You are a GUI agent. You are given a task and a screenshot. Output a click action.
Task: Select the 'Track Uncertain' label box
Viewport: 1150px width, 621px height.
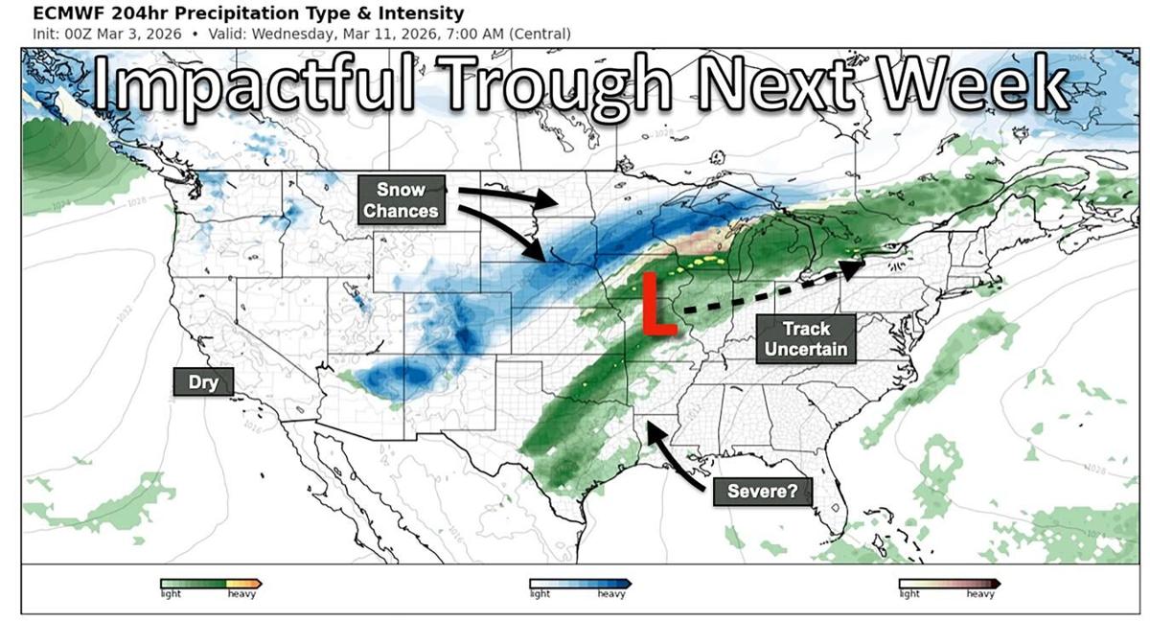pyautogui.click(x=806, y=339)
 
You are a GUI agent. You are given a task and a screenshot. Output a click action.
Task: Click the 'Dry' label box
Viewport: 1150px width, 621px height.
pyautogui.click(x=203, y=382)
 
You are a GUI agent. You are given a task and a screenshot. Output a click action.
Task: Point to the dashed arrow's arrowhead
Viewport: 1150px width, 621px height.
pyautogui.click(x=852, y=270)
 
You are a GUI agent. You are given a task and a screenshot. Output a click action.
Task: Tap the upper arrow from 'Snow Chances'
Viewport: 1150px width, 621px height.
pyautogui.click(x=508, y=197)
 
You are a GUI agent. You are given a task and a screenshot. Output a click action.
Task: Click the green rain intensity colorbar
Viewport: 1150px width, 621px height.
pyautogui.click(x=211, y=583)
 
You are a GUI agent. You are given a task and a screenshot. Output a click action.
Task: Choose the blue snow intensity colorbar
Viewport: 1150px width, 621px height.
pyautogui.click(x=580, y=583)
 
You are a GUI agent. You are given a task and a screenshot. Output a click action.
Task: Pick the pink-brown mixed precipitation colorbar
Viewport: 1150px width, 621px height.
pyautogui.click(x=949, y=583)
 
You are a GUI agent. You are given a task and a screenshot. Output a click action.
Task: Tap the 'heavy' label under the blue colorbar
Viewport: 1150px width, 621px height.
pyautogui.click(x=611, y=595)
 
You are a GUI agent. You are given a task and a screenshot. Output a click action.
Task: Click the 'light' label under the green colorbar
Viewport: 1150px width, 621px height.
pyautogui.click(x=171, y=595)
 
